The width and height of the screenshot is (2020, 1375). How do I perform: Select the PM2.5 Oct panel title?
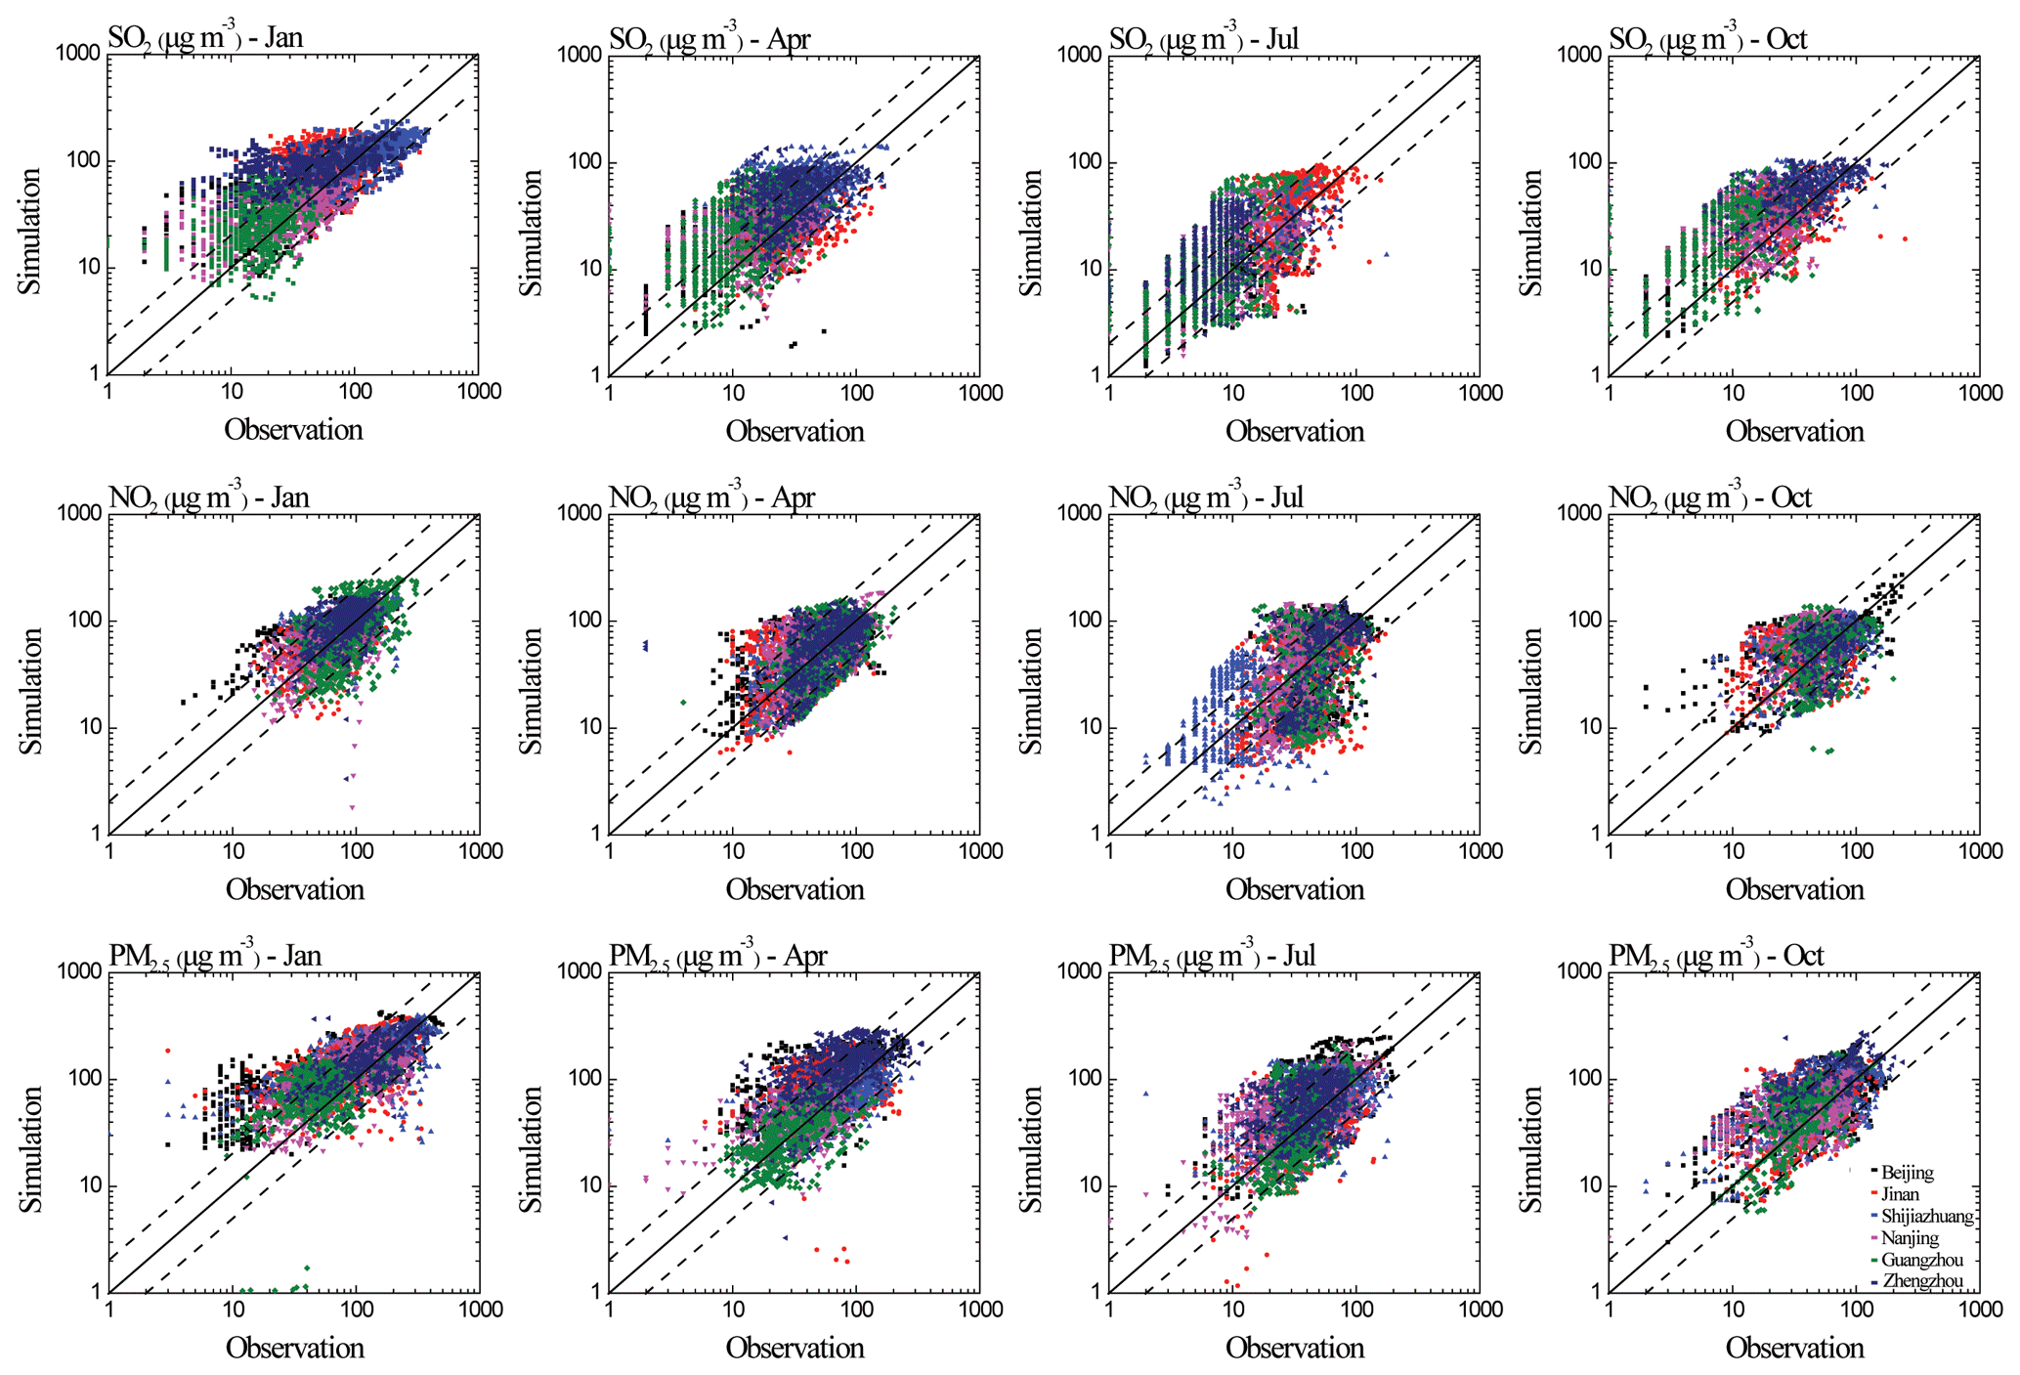1716,955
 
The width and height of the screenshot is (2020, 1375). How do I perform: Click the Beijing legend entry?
1907,1172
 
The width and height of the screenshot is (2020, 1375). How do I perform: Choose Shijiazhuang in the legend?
1926,1216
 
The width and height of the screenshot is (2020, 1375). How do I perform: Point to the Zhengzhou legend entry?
1921,1281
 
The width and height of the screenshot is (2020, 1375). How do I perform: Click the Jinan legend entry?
1900,1193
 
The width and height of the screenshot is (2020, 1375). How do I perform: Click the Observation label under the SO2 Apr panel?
795,431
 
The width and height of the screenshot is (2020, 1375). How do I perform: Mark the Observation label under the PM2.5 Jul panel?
1295,1348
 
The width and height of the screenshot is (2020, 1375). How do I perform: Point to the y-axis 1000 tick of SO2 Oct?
1578,54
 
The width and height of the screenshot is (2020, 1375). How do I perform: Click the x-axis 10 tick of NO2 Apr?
733,851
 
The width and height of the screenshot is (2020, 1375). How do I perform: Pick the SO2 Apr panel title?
709,38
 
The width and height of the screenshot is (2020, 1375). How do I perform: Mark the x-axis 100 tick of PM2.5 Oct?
1857,1310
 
